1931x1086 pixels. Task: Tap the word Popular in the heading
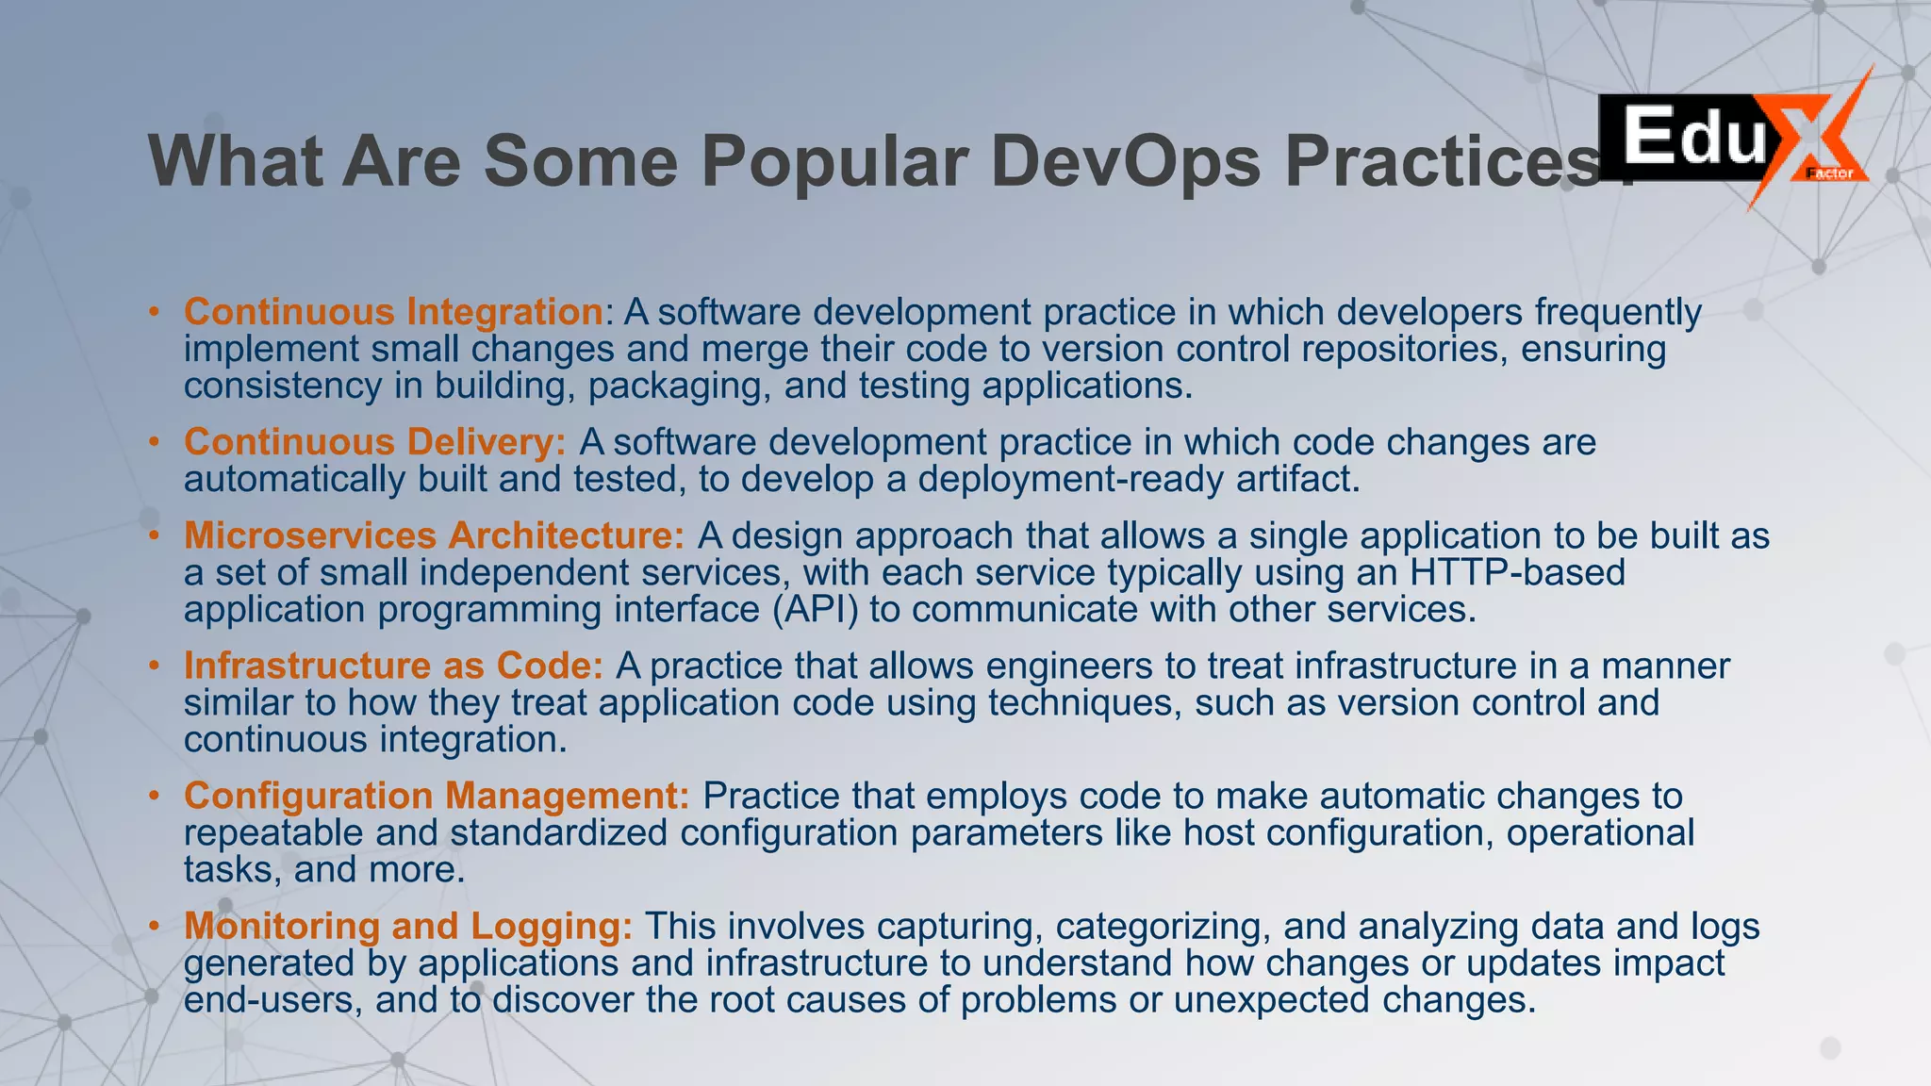pyautogui.click(x=834, y=160)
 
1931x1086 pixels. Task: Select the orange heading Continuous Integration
pyautogui.click(x=393, y=312)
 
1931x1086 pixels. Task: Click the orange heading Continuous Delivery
pyautogui.click(x=374, y=442)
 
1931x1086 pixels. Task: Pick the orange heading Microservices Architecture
pyautogui.click(x=434, y=535)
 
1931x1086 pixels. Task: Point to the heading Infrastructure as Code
pyautogui.click(x=393, y=666)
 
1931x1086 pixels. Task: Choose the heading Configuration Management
pyautogui.click(x=437, y=796)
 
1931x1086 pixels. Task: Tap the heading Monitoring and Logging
pyautogui.click(x=408, y=926)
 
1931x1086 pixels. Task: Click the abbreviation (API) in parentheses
pyautogui.click(x=816, y=609)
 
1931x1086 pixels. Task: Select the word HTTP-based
pyautogui.click(x=1517, y=572)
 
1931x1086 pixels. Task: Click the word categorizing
pyautogui.click(x=1163, y=926)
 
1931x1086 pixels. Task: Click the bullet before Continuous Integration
pyautogui.click(x=154, y=312)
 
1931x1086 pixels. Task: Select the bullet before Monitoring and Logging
pyautogui.click(x=154, y=926)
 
